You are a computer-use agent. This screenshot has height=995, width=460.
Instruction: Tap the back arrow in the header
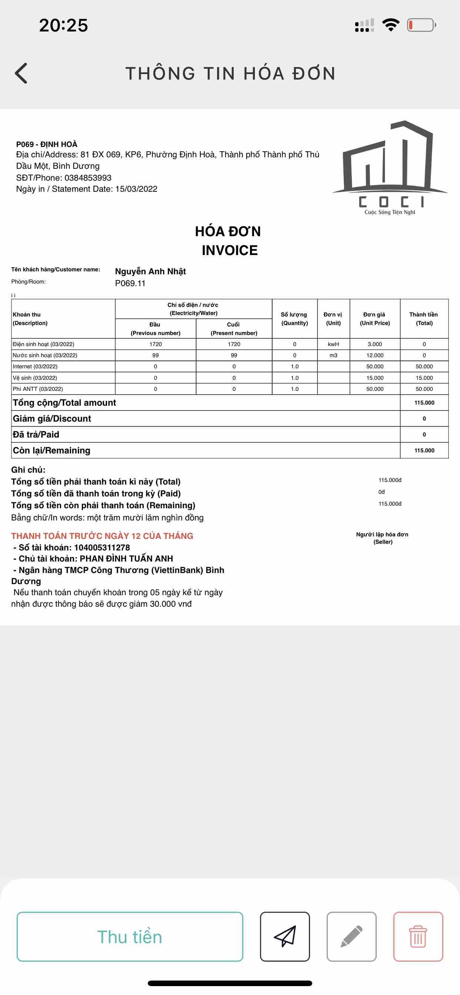21,73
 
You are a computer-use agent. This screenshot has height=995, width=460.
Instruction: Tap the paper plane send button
285,936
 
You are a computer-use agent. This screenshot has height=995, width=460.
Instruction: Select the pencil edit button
351,936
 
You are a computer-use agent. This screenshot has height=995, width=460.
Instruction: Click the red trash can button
418,936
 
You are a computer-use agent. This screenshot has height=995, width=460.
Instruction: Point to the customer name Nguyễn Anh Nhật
150,271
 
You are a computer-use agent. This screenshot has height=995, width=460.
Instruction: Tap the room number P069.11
130,283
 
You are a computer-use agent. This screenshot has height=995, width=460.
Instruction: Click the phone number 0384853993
88,178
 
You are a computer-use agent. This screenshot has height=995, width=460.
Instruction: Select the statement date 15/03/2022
136,189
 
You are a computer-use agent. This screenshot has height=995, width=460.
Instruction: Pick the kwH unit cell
333,344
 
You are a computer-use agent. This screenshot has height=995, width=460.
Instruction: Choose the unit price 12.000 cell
374,355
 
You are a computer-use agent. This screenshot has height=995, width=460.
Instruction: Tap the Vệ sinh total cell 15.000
424,378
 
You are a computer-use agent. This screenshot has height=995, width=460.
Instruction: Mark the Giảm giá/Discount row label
52,419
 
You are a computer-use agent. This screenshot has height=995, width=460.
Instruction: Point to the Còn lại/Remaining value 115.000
424,450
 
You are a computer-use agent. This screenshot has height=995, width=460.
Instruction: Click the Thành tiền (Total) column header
424,319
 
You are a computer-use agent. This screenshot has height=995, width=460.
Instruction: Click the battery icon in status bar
421,25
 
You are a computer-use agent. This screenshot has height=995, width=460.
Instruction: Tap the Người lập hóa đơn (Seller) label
382,538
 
